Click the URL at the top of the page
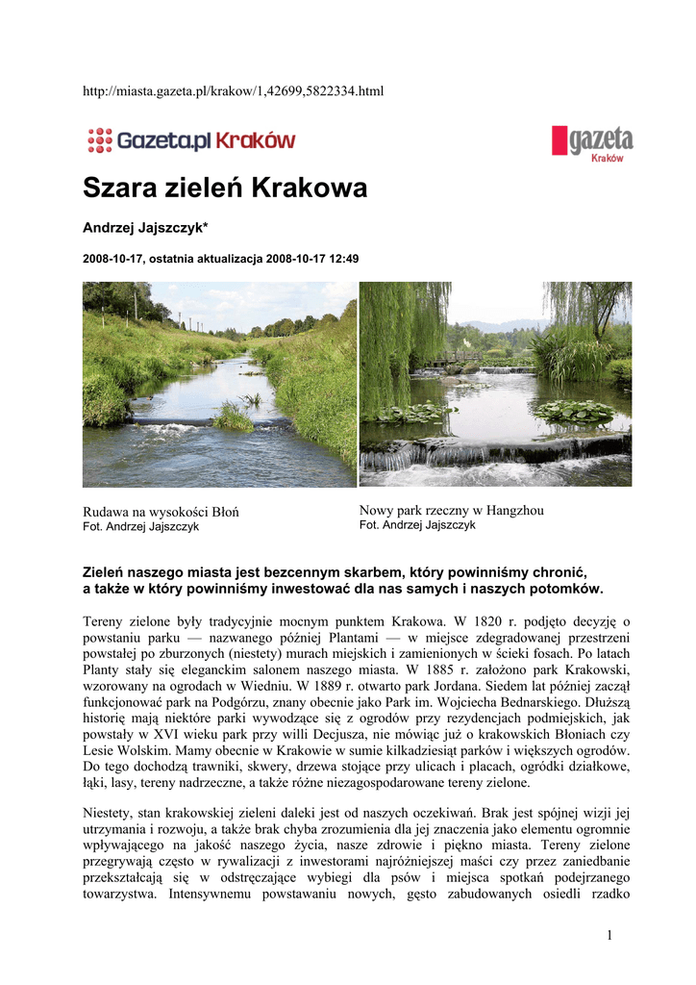coord(234,90)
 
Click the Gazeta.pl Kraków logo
coord(191,140)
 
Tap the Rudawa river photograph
coord(219,384)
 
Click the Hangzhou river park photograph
coord(495,384)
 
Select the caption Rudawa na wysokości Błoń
coord(161,512)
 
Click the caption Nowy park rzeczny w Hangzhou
coord(451,510)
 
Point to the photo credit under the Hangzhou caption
coord(417,525)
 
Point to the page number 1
coord(609,935)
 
